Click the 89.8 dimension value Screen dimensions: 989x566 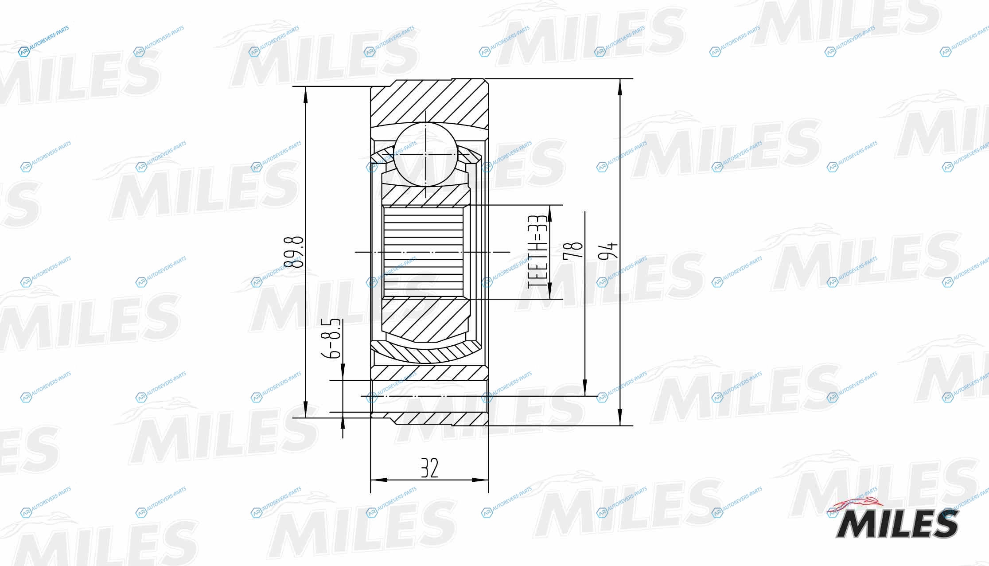pyautogui.click(x=294, y=252)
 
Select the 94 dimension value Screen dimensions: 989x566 pyautogui.click(x=607, y=251)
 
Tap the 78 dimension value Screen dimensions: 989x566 pyautogui.click(x=572, y=251)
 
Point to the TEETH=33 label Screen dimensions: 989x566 pyautogui.click(x=537, y=251)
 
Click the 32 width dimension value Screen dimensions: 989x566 pyautogui.click(x=429, y=468)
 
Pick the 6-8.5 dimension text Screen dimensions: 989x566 pyautogui.click(x=331, y=338)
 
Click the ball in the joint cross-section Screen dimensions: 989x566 pyautogui.click(x=425, y=154)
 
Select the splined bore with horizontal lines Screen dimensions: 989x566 pyautogui.click(x=423, y=252)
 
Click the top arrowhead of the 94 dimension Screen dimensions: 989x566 pyautogui.click(x=620, y=87)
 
